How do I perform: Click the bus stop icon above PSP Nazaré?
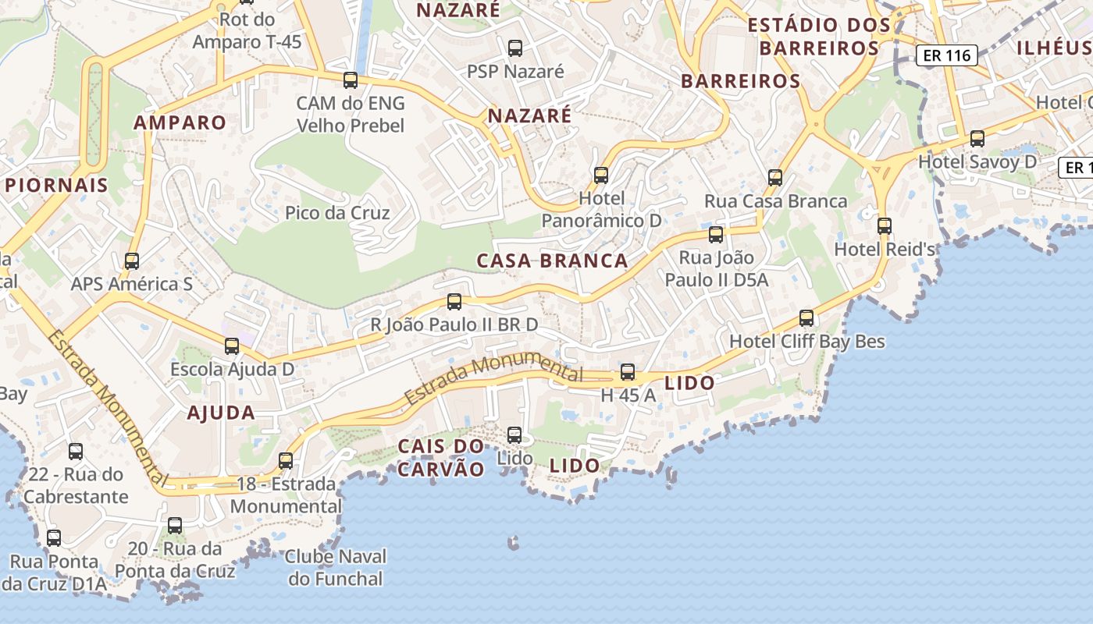515,48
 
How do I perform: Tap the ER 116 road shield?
946,55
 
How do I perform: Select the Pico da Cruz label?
337,213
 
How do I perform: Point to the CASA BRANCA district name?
552,261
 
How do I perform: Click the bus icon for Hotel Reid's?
884,226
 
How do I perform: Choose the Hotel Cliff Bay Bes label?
807,342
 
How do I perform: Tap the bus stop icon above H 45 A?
628,372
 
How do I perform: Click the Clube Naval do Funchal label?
336,568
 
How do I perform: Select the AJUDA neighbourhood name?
221,413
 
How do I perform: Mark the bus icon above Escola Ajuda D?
232,346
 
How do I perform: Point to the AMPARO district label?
180,122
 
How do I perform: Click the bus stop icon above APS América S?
132,261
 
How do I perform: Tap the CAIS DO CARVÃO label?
441,458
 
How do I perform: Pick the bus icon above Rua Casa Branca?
774,178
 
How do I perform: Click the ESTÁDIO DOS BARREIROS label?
819,37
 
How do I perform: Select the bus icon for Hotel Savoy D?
977,139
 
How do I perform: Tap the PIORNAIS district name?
56,186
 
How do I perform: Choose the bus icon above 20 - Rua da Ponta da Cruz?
175,526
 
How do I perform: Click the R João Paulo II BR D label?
454,324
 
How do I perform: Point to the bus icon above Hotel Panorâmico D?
600,175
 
